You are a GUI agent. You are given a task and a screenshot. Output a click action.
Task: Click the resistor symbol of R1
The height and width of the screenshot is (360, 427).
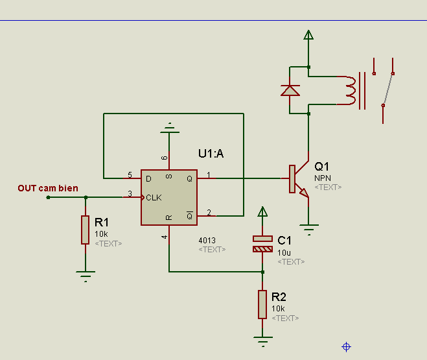pos(85,230)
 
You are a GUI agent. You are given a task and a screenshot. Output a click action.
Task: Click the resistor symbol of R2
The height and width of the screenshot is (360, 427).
pos(262,304)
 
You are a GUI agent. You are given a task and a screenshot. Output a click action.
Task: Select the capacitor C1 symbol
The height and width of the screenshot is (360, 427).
pos(262,244)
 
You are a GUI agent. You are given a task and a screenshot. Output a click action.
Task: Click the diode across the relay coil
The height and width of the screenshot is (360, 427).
pos(290,90)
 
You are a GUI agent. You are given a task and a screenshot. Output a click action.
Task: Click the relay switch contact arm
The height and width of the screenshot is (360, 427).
pos(388,88)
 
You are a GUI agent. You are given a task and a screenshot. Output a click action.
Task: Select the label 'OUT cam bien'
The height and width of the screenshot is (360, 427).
pos(48,189)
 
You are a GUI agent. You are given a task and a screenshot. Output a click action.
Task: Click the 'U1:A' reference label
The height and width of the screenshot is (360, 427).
pos(211,154)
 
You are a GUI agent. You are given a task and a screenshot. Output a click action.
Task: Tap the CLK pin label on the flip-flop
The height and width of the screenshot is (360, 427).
pos(154,197)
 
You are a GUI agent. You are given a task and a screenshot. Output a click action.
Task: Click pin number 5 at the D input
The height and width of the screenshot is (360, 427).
pos(130,174)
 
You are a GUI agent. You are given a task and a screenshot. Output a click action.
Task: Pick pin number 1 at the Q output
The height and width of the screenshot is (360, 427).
pos(209,174)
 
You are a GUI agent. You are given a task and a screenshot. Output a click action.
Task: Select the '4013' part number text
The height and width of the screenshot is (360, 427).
pos(207,240)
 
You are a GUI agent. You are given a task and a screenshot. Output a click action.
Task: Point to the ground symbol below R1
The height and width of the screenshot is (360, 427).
pos(85,275)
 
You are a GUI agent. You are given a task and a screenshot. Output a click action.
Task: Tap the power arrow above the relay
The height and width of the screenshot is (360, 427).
pos(308,35)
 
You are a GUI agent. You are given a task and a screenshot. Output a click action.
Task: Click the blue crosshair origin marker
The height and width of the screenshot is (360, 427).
pos(346,347)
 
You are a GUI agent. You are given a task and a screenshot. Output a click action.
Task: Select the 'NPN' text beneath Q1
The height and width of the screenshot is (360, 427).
pos(323,177)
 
